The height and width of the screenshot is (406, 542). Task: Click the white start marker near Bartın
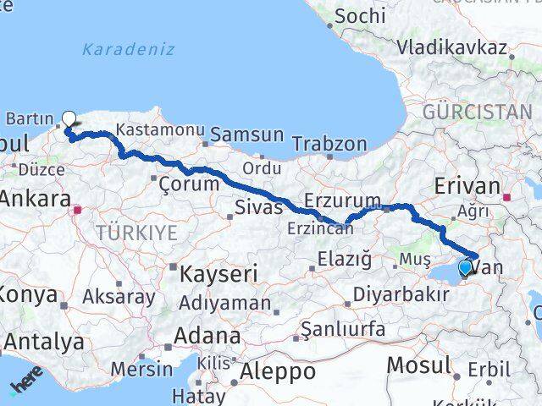[69, 119]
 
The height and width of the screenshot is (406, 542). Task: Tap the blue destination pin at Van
[465, 269]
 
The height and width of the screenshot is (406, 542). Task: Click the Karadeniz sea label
[129, 49]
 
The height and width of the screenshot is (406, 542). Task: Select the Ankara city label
[36, 200]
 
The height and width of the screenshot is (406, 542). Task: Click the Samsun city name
[246, 134]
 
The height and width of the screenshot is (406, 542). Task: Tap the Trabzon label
[330, 145]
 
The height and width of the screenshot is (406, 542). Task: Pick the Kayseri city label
[214, 273]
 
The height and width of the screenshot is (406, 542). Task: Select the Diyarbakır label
[401, 294]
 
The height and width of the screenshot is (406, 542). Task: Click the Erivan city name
[466, 186]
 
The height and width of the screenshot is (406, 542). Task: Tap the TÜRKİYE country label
[135, 232]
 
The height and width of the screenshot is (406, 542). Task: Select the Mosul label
[418, 365]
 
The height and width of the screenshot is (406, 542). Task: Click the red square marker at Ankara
[77, 209]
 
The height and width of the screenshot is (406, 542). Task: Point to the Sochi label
[360, 15]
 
